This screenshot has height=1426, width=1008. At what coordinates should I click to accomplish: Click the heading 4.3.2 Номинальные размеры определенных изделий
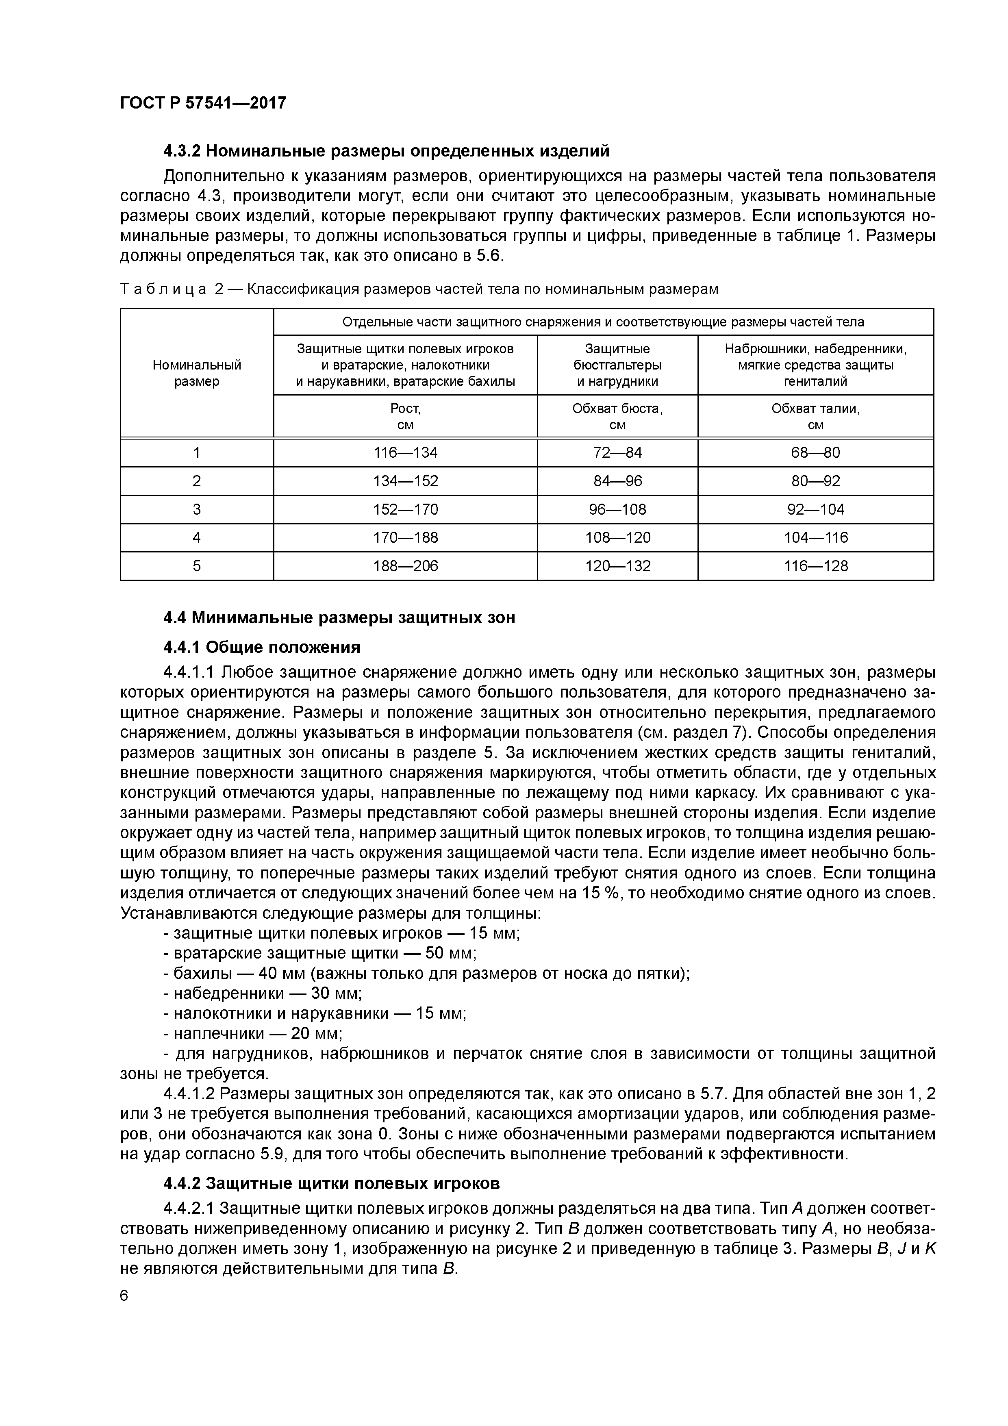point(386,151)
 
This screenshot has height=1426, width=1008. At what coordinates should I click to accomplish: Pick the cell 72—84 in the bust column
point(617,453)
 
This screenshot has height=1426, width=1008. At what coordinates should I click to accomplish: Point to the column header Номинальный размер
point(197,373)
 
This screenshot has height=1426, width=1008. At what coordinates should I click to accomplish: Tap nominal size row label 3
point(197,509)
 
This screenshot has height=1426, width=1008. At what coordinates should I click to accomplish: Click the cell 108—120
point(617,537)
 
